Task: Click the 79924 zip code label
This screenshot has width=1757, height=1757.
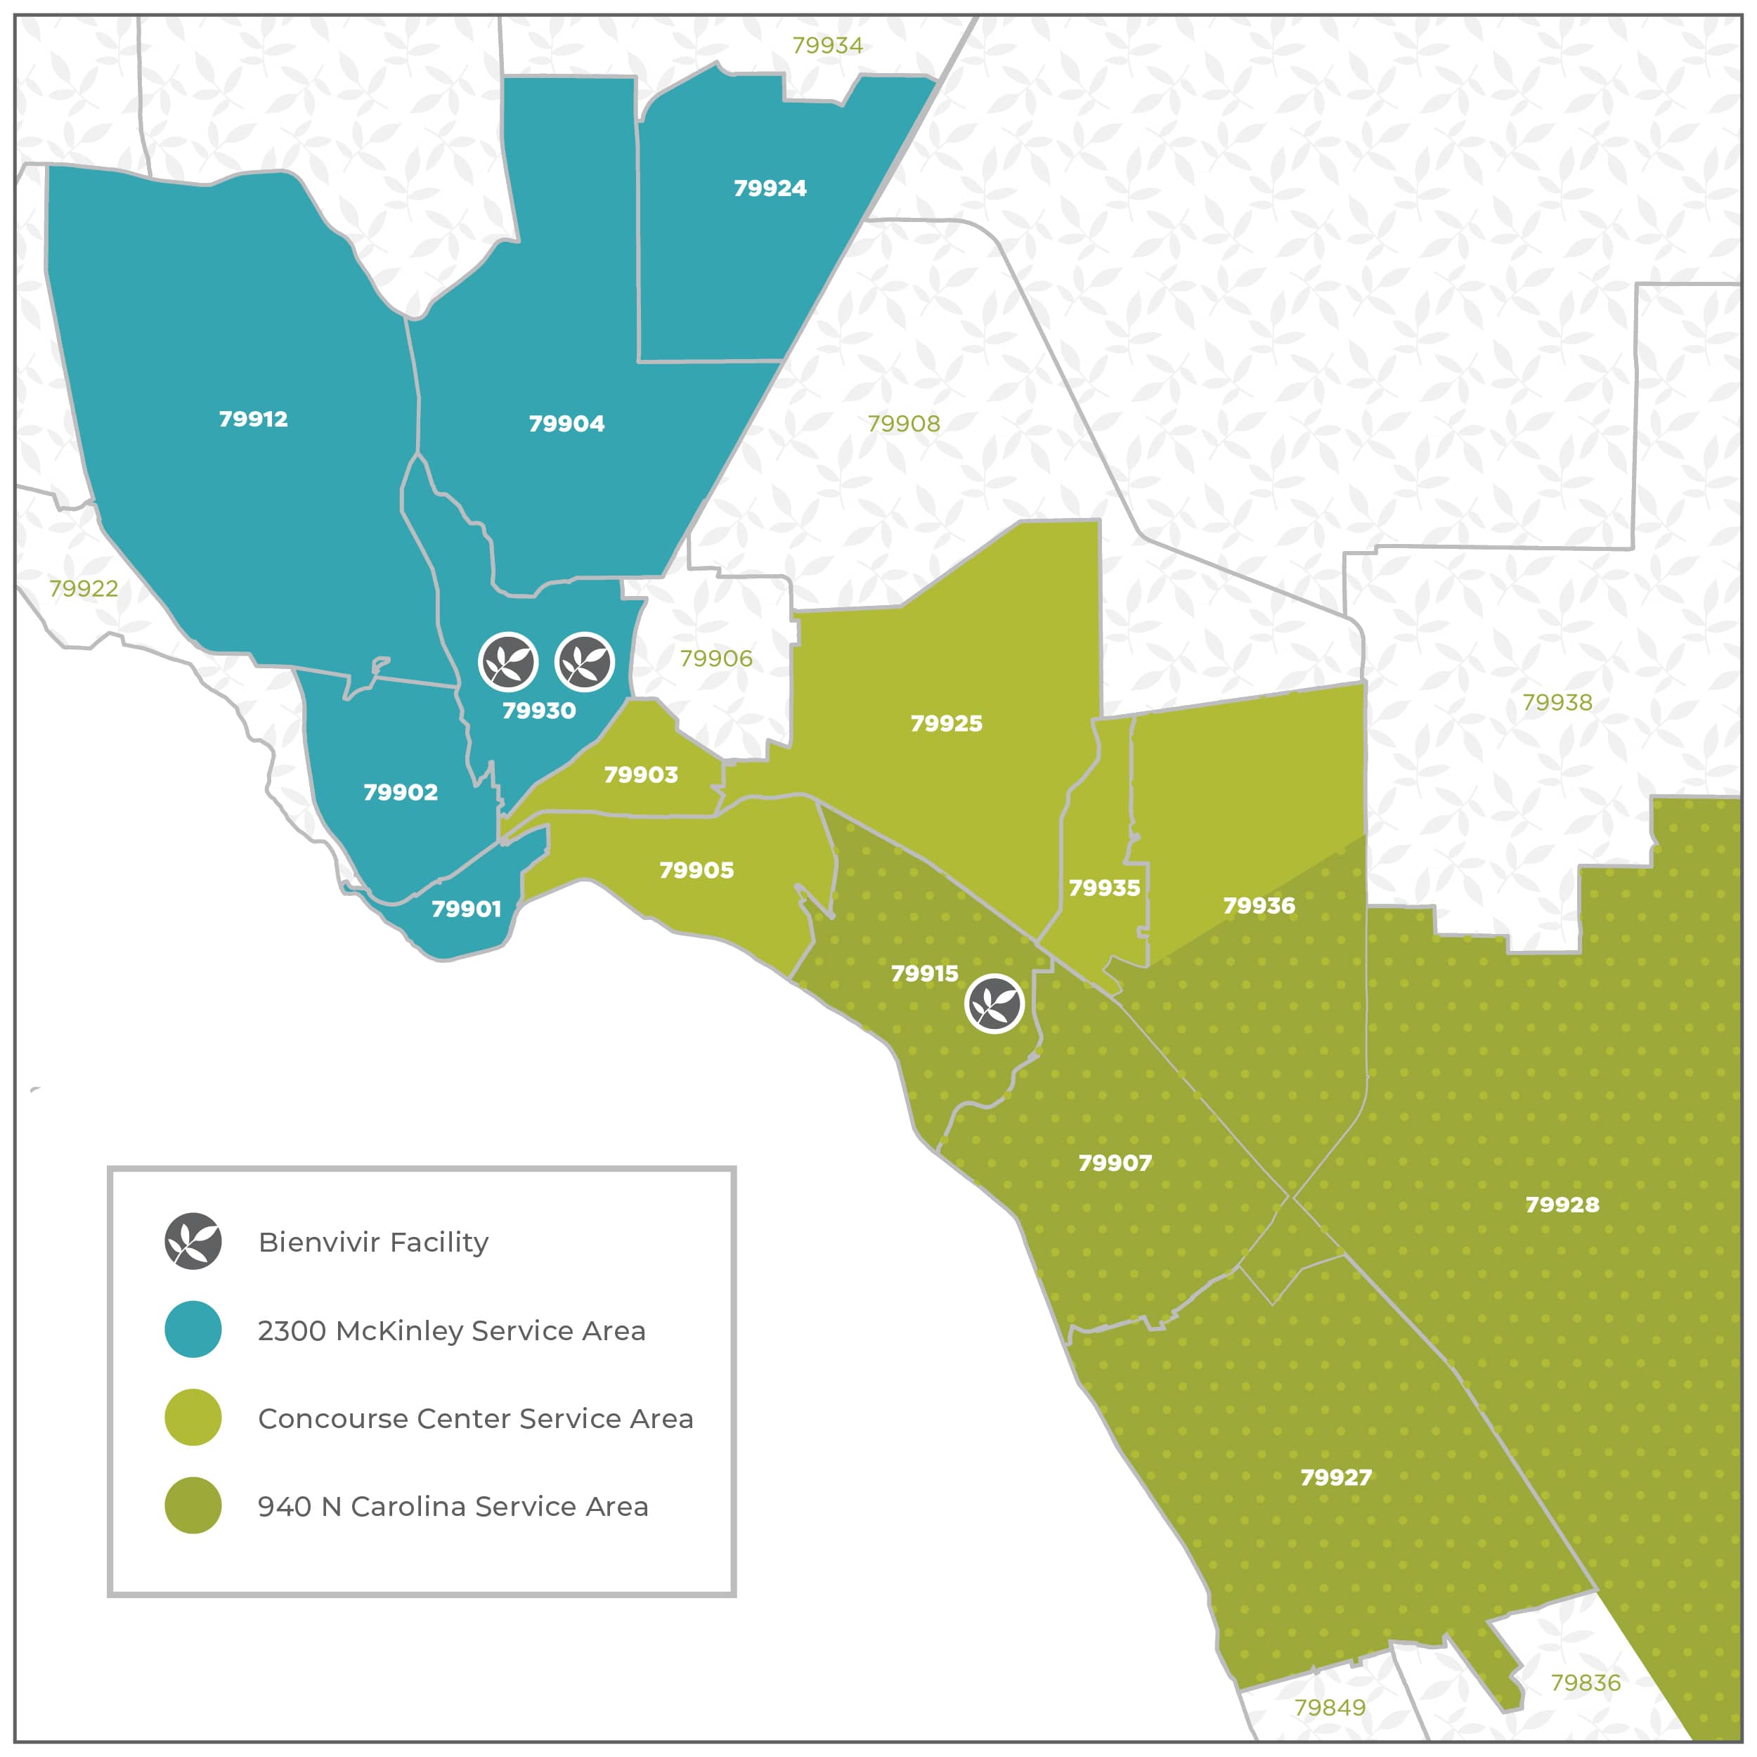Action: pos(770,188)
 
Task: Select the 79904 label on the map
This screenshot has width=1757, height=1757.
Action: pos(566,423)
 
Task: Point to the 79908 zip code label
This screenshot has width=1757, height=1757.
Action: pos(903,423)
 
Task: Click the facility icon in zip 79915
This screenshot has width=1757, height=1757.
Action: pos(994,1004)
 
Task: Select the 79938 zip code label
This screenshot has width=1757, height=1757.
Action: pos(1557,702)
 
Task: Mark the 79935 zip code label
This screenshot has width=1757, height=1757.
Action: pos(1103,888)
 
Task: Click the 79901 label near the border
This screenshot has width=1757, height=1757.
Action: pos(466,909)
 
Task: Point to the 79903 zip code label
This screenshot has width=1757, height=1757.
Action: pos(640,774)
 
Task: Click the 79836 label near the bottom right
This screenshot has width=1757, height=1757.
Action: pos(1585,1683)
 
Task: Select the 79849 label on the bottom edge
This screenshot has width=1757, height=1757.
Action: pos(1330,1707)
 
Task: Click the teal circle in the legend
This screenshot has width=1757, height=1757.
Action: pos(193,1329)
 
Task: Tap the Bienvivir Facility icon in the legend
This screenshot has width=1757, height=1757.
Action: pos(193,1240)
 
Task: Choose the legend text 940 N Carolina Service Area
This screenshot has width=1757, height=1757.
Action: pos(453,1506)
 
